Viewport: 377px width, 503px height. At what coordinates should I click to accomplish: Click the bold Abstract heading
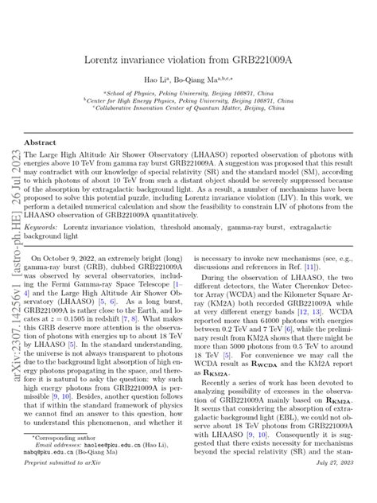pos(40,142)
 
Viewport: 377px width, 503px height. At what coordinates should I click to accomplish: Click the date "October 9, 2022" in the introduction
pos(74,260)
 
